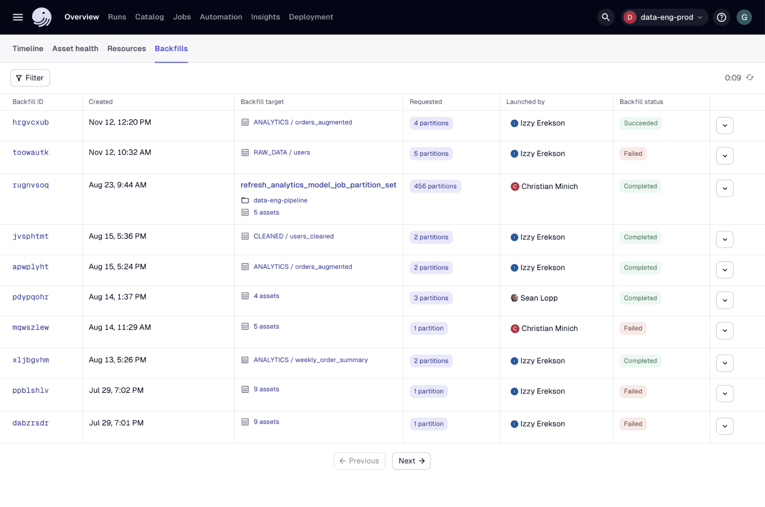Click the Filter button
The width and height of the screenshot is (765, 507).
point(30,78)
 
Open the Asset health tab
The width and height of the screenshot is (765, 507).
point(75,49)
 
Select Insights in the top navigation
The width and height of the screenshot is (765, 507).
point(265,17)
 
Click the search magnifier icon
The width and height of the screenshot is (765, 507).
point(606,17)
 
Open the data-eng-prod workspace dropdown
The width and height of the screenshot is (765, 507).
point(665,17)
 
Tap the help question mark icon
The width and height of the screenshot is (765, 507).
point(722,17)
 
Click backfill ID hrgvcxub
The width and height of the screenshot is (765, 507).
point(31,122)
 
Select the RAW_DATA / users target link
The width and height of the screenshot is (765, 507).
point(282,152)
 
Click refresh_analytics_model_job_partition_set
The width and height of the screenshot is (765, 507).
point(319,185)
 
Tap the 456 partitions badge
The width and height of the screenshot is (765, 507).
point(435,186)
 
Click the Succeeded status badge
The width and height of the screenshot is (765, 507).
point(640,123)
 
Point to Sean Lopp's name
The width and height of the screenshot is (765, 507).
point(539,298)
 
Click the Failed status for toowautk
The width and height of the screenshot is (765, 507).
point(633,154)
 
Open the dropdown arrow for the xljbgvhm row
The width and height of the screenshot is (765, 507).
point(724,363)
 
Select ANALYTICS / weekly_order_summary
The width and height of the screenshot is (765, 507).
point(311,360)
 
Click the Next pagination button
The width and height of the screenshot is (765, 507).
point(411,461)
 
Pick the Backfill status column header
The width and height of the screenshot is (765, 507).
point(641,101)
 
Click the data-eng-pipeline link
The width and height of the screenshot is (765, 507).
point(280,200)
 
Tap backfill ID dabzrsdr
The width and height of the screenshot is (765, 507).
point(31,423)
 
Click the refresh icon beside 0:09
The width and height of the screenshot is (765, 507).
point(750,77)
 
